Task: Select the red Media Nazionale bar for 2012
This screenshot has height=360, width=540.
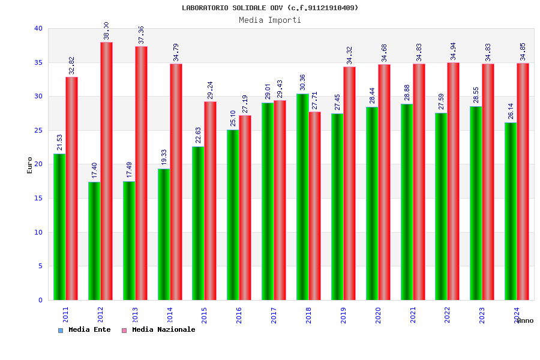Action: [x=106, y=171]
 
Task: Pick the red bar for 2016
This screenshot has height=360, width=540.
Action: [x=245, y=208]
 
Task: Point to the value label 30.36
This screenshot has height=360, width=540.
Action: [x=302, y=82]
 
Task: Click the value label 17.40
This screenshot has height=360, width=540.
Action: [x=95, y=170]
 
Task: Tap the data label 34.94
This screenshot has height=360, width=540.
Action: [x=453, y=51]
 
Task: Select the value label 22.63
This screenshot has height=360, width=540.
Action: [x=199, y=135]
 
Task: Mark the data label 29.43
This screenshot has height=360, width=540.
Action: [x=280, y=89]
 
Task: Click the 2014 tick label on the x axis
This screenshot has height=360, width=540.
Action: [x=170, y=315]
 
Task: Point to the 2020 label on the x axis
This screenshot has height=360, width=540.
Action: [x=378, y=315]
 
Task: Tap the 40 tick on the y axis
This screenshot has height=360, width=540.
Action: [x=38, y=28]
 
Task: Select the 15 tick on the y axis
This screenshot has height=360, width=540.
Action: [x=38, y=198]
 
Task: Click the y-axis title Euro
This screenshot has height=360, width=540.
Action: [x=30, y=165]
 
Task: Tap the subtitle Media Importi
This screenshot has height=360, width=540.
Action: [x=270, y=20]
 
